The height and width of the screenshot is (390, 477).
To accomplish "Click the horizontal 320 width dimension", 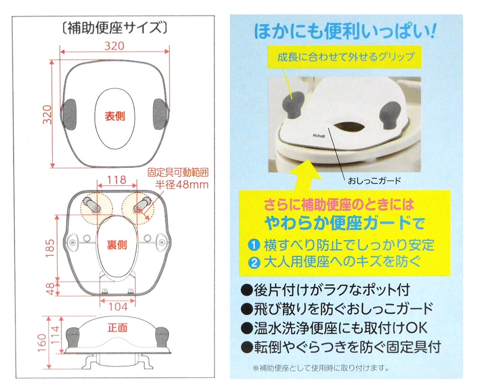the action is (x=114, y=46).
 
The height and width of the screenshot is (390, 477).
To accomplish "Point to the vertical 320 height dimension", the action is (x=47, y=114).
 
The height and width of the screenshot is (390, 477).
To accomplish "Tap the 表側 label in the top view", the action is (x=114, y=116).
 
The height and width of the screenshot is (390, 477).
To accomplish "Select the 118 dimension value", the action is (x=117, y=180).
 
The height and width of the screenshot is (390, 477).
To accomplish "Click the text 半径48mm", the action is (x=182, y=184).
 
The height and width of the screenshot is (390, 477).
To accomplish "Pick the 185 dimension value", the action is (x=50, y=248).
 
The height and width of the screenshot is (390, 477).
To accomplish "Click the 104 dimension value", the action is (x=118, y=306).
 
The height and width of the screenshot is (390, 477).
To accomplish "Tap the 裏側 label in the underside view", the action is (x=117, y=245).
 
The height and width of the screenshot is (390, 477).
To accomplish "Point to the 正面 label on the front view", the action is (x=117, y=327).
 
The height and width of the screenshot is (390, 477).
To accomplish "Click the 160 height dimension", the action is (x=41, y=342).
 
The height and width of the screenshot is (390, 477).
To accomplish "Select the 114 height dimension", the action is (x=55, y=335).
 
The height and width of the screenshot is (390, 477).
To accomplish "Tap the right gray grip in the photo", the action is (x=390, y=115).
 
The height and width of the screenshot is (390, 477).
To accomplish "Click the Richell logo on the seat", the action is (x=319, y=136).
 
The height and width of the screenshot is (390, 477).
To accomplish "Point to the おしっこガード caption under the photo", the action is (x=374, y=181).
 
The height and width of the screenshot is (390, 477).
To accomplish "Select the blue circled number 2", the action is (x=254, y=262).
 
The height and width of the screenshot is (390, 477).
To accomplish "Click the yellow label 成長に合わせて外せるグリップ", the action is (x=345, y=57).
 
